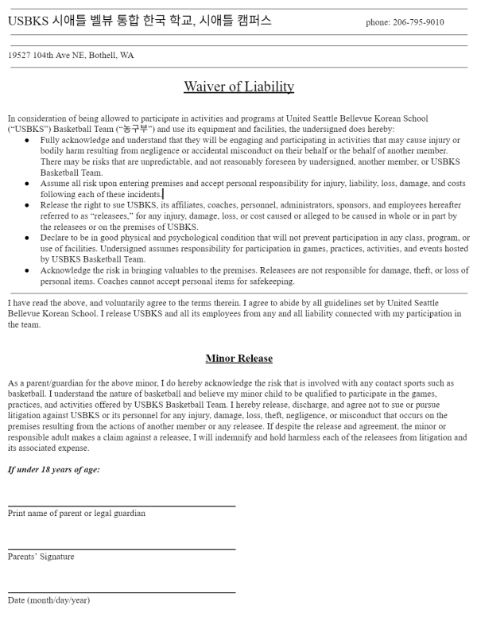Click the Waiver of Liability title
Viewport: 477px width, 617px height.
coord(238,86)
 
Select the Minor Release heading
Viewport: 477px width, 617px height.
coord(238,358)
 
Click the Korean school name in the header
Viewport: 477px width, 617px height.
coord(139,21)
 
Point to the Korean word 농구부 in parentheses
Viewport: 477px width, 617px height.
coord(135,129)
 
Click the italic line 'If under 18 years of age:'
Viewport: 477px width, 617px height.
coord(54,469)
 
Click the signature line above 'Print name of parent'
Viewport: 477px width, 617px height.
coord(122,506)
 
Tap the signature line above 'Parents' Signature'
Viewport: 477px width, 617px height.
coord(122,549)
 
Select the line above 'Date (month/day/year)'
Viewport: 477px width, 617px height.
coord(122,592)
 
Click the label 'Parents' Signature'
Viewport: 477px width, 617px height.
coord(41,557)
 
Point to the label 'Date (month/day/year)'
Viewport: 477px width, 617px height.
coord(48,600)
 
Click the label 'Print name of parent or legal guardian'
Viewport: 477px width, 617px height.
coord(76,513)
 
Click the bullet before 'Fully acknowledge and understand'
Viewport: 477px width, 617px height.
coord(27,140)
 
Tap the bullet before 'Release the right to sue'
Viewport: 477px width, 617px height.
coord(27,205)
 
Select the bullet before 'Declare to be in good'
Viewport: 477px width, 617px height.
coord(27,238)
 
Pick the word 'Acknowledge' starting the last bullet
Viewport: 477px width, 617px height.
coord(65,270)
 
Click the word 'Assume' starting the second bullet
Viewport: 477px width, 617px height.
coord(55,184)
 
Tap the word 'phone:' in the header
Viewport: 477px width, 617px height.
coord(378,22)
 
